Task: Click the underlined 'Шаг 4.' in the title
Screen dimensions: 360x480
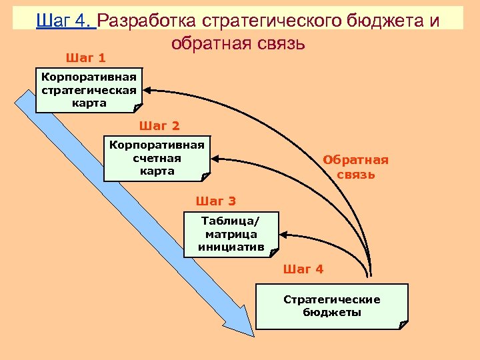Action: point(66,21)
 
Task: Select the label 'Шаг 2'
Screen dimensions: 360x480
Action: point(159,125)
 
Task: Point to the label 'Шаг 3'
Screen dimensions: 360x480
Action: point(216,201)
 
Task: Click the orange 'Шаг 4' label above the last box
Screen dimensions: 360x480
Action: point(303,269)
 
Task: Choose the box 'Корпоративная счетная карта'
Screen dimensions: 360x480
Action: point(157,158)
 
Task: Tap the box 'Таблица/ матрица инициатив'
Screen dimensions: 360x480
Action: point(231,234)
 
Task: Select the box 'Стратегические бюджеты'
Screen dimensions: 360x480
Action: point(332,306)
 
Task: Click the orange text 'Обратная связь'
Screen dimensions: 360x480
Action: point(355,167)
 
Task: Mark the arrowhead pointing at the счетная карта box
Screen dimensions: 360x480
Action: point(216,158)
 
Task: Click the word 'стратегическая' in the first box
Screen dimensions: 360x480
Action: point(89,90)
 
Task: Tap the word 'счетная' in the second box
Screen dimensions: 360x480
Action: point(157,158)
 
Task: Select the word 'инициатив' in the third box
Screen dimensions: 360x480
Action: point(231,247)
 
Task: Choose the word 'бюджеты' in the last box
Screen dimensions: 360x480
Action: point(332,312)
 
